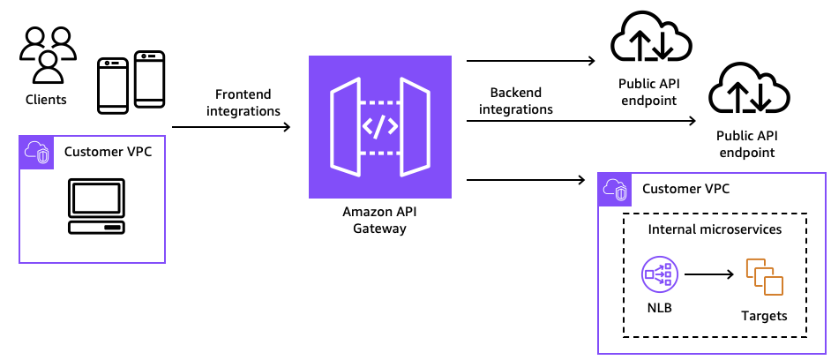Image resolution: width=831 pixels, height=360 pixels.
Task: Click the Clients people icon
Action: (46, 55)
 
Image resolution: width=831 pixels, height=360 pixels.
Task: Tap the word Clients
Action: (46, 100)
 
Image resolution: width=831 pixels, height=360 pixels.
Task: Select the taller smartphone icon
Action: (150, 79)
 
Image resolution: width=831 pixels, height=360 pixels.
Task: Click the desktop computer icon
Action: (96, 206)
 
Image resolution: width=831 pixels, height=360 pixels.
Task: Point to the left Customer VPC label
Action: (108, 151)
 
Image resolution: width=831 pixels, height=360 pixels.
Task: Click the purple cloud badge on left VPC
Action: (35, 152)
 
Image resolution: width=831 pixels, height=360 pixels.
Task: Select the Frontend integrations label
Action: (243, 102)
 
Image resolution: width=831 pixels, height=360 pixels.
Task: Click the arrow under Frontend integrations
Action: (231, 128)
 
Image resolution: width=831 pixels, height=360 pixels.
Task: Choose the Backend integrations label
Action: (521, 101)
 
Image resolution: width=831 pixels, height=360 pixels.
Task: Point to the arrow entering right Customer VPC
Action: (526, 180)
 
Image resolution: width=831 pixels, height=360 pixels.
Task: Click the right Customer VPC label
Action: (685, 189)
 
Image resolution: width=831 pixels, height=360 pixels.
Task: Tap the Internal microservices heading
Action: (715, 229)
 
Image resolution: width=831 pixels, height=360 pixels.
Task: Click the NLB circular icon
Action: (659, 274)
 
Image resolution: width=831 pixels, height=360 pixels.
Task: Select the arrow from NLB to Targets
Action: (709, 274)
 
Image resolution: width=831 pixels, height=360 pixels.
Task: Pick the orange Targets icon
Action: (764, 277)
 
